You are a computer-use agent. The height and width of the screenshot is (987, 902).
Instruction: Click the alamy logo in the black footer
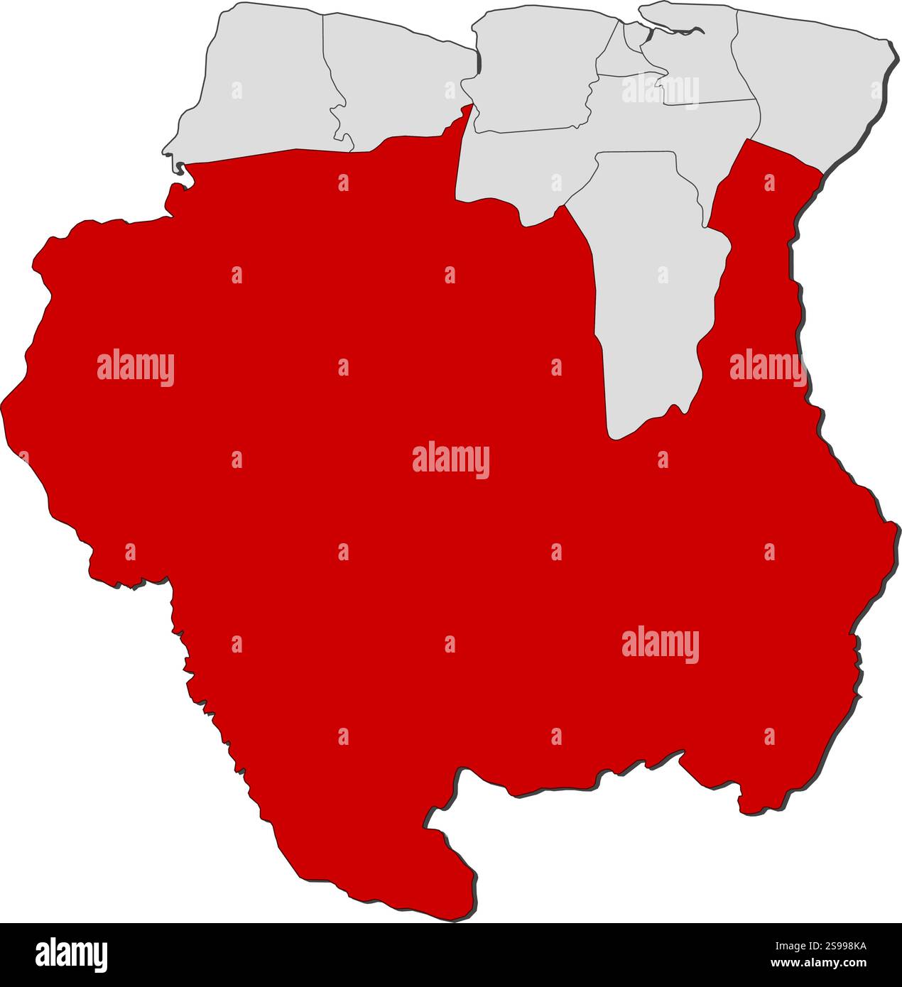tap(71, 954)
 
